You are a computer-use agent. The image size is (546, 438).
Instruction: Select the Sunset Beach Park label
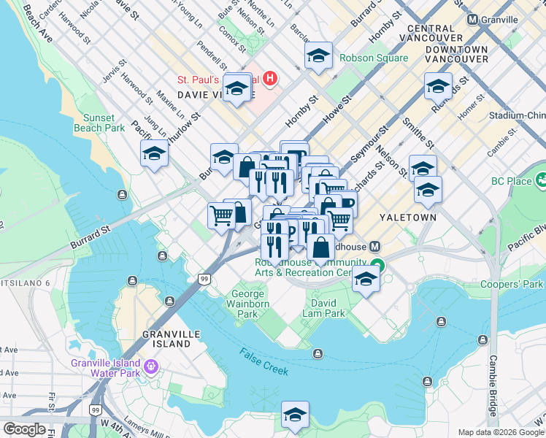(99, 123)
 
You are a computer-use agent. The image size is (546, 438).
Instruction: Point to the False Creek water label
(264, 361)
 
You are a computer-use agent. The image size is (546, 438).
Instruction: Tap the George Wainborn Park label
(247, 304)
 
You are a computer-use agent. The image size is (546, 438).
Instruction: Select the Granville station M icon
(473, 20)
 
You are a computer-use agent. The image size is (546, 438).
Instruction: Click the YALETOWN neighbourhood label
(407, 218)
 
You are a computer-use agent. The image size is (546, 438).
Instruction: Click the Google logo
(24, 429)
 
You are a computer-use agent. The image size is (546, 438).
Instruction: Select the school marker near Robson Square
(318, 56)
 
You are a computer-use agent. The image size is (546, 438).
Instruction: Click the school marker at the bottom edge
(295, 415)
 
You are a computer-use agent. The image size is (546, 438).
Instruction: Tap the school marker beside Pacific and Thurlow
(154, 153)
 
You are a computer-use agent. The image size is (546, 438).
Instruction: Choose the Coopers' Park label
(512, 284)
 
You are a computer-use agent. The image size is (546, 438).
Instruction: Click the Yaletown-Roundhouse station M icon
(374, 247)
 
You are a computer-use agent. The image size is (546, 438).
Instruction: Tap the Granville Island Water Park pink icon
(151, 365)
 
